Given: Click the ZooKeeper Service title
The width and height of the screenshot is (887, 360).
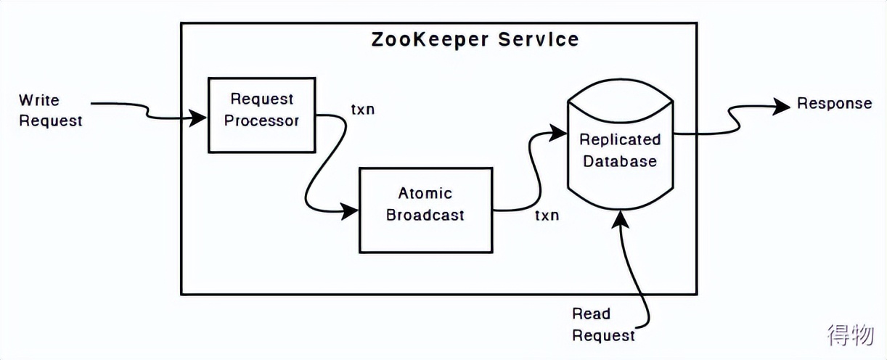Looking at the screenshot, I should point(475,39).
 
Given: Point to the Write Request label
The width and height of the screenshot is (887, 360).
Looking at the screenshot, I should point(50,110).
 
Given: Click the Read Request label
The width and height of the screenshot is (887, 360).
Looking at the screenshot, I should point(602,324).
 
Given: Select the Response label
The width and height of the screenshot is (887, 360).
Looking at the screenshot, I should point(834,103).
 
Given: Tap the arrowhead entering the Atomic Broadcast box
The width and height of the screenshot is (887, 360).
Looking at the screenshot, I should point(351,211).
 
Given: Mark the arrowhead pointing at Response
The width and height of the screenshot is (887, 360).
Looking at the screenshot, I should point(782,106).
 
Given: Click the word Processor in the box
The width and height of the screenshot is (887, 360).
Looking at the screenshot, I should point(261,120).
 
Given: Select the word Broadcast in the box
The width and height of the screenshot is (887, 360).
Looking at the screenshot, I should point(425,216).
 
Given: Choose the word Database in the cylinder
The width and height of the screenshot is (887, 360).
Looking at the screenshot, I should point(620,160).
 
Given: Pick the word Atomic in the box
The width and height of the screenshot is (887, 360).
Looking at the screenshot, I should point(425,193).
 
